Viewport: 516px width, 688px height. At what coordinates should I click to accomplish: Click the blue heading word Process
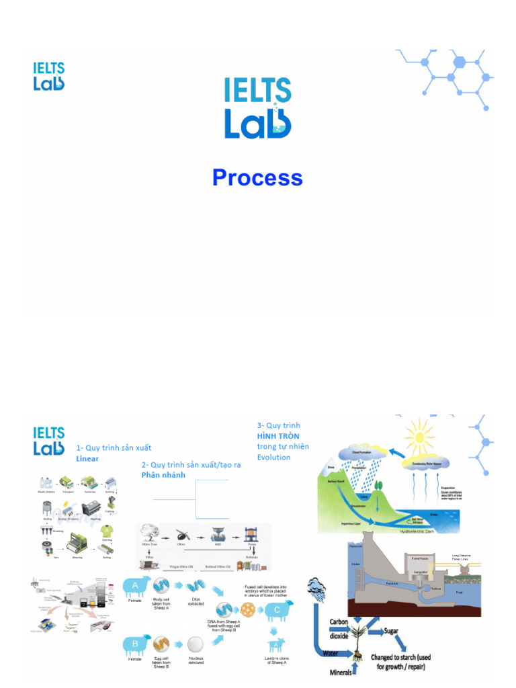[x=257, y=178]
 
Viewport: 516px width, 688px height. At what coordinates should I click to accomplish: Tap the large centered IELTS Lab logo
[x=258, y=108]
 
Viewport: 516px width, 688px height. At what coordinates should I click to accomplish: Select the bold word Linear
[x=87, y=459]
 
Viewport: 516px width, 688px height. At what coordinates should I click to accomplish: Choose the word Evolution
[x=274, y=457]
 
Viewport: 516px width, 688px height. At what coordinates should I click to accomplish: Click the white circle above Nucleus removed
[x=196, y=645]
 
